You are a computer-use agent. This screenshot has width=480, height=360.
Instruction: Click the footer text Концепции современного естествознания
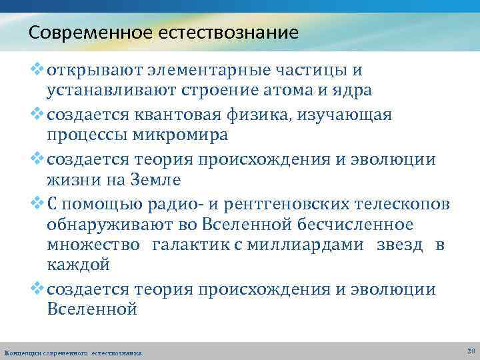73,352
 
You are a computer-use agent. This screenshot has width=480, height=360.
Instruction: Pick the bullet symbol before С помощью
38,203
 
